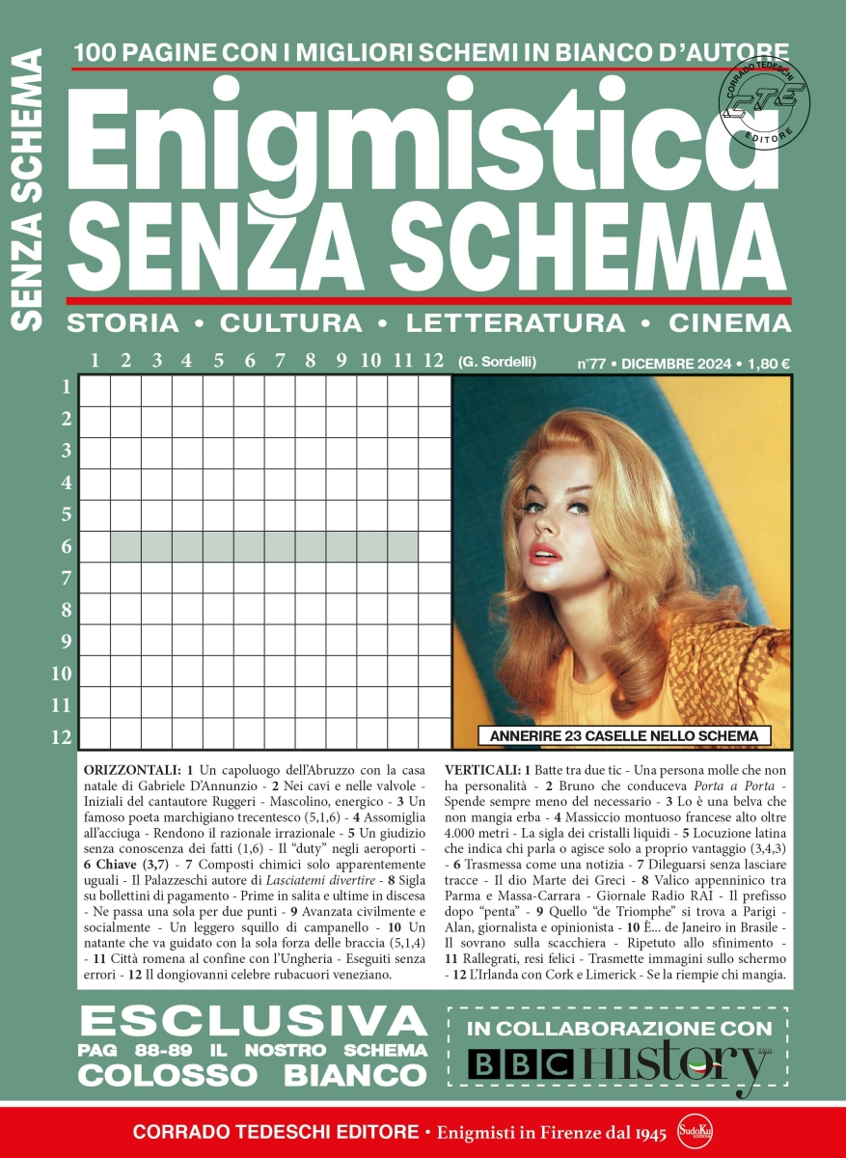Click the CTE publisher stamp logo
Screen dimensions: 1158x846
(x=764, y=97)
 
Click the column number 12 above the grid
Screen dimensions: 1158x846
(x=432, y=361)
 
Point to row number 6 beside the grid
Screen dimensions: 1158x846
(x=67, y=546)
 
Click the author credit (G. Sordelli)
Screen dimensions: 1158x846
(x=497, y=363)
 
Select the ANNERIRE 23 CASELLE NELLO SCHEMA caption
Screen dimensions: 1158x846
(x=624, y=736)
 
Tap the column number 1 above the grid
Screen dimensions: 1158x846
(x=95, y=361)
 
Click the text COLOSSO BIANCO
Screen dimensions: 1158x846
(x=253, y=1073)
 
